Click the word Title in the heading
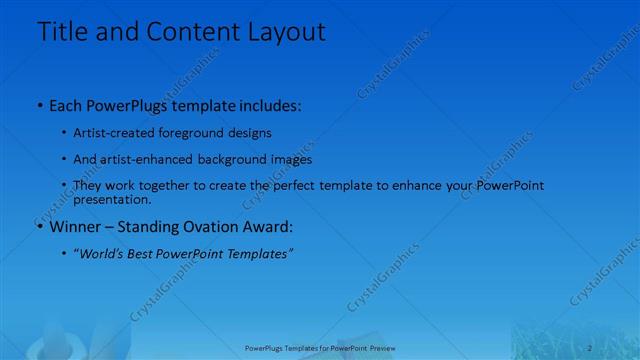(x=62, y=31)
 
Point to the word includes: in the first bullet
(x=265, y=105)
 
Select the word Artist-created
(x=110, y=132)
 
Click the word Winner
(x=75, y=227)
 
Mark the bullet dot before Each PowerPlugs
(x=39, y=106)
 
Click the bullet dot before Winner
(x=39, y=228)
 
